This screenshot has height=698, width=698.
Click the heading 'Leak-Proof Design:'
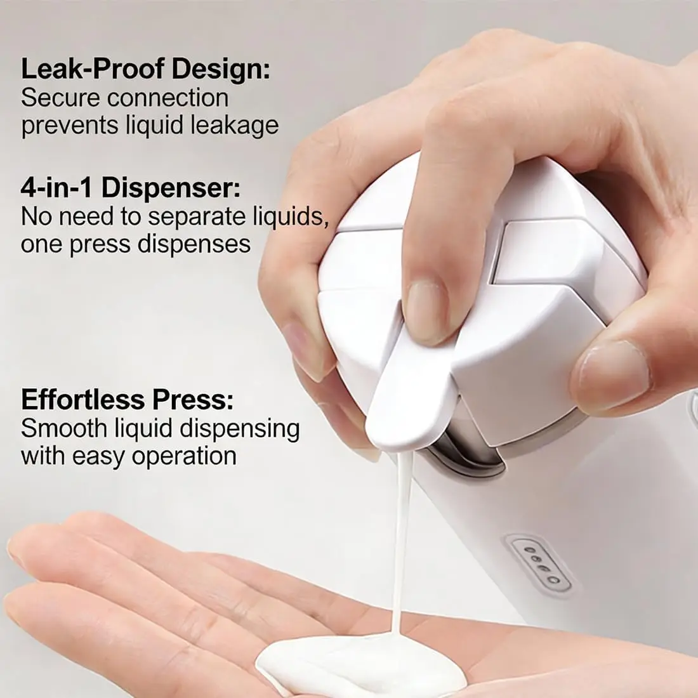145,70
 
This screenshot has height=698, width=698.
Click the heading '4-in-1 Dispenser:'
131,188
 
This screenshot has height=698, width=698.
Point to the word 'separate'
197,217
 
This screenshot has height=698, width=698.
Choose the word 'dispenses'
194,244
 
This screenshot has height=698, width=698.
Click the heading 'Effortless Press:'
128,399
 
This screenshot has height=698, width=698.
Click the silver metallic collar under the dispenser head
463,450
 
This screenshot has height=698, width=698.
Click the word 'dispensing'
239,429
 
